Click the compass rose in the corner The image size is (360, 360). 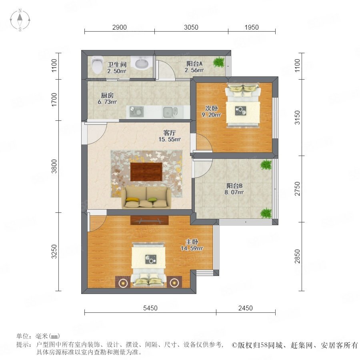pyautogui.click(x=20, y=20)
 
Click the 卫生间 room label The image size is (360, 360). pyautogui.click(x=117, y=64)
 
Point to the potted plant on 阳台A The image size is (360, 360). pyautogui.click(x=219, y=62)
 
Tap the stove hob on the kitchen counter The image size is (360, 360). pyautogui.click(x=137, y=112)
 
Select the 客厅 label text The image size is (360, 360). pyautogui.click(x=170, y=133)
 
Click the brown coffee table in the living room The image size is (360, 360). pyautogui.click(x=146, y=172)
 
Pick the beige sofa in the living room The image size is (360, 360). pyautogui.click(x=146, y=198)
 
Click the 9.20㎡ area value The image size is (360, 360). pyautogui.click(x=211, y=114)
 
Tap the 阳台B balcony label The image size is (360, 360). pyautogui.click(x=234, y=186)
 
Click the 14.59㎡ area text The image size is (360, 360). pyautogui.click(x=192, y=248)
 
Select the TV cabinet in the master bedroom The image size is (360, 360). pyautogui.click(x=150, y=220)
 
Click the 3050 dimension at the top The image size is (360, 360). pyautogui.click(x=191, y=27)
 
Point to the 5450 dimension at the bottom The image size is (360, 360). pyautogui.click(x=150, y=308)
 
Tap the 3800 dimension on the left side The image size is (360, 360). pyautogui.click(x=54, y=166)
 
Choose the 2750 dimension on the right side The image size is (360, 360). pyautogui.click(x=297, y=189)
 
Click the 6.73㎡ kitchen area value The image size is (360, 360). pyautogui.click(x=107, y=102)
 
